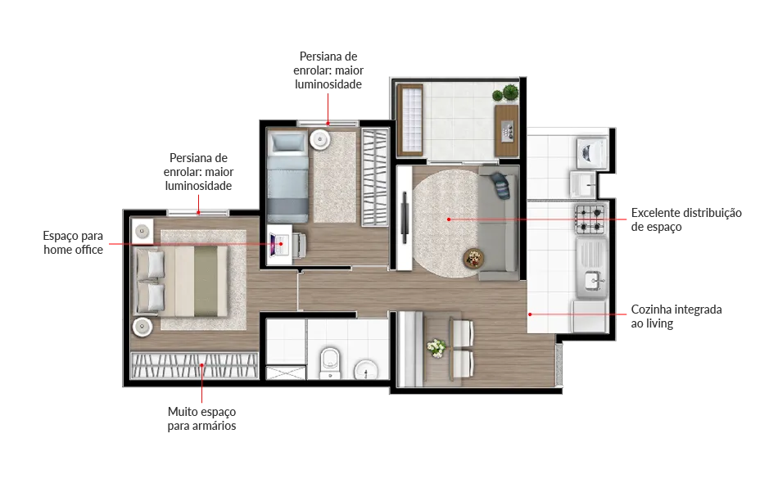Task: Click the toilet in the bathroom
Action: [x=329, y=363]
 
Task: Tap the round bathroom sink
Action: [x=366, y=369]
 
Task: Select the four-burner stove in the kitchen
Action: [x=590, y=219]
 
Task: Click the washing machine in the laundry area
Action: [x=592, y=152]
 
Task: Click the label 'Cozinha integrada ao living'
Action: [x=676, y=316]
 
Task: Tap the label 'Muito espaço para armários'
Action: [x=201, y=418]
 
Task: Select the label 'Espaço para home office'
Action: [x=73, y=242]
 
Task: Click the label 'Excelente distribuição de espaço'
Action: [x=686, y=219]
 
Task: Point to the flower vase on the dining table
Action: [x=436, y=348]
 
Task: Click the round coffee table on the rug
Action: [x=473, y=258]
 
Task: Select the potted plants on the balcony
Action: [x=505, y=93]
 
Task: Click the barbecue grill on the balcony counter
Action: [x=508, y=130]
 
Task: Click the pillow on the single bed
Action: [x=287, y=142]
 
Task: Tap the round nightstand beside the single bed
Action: [x=320, y=139]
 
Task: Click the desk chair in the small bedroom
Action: [x=300, y=245]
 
